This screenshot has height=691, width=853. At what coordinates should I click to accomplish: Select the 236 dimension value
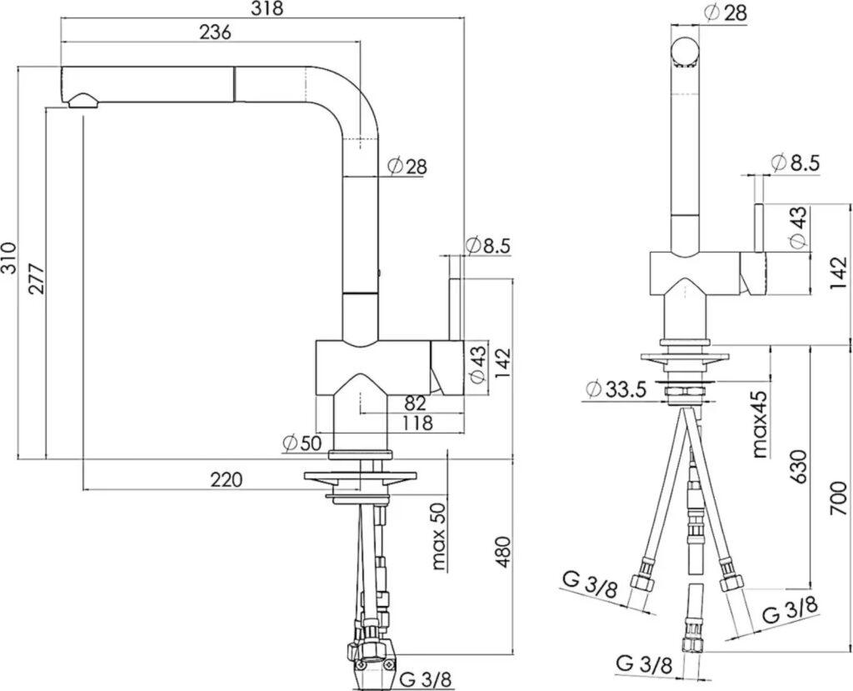[216, 33]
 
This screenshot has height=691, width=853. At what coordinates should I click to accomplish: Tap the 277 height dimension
[37, 278]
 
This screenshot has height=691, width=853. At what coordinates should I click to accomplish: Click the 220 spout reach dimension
[226, 480]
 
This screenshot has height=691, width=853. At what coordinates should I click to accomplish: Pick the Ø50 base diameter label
[302, 443]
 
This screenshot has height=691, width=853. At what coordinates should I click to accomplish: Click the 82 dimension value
[415, 403]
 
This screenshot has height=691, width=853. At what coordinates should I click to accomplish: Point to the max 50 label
[438, 536]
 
